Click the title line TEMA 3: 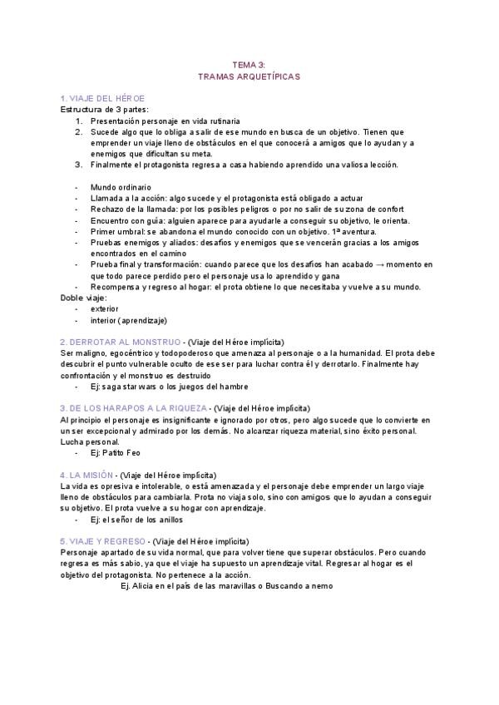(x=249, y=63)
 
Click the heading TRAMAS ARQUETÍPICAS (x=249, y=76)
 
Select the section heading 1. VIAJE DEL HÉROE (x=96, y=98)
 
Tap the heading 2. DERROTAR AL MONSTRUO (x=121, y=342)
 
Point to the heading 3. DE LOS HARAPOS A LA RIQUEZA (x=134, y=408)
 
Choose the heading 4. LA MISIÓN (x=88, y=475)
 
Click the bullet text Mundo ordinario (x=121, y=187)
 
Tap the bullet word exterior (x=105, y=308)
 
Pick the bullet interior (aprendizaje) (x=128, y=320)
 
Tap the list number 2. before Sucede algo (x=78, y=131)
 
